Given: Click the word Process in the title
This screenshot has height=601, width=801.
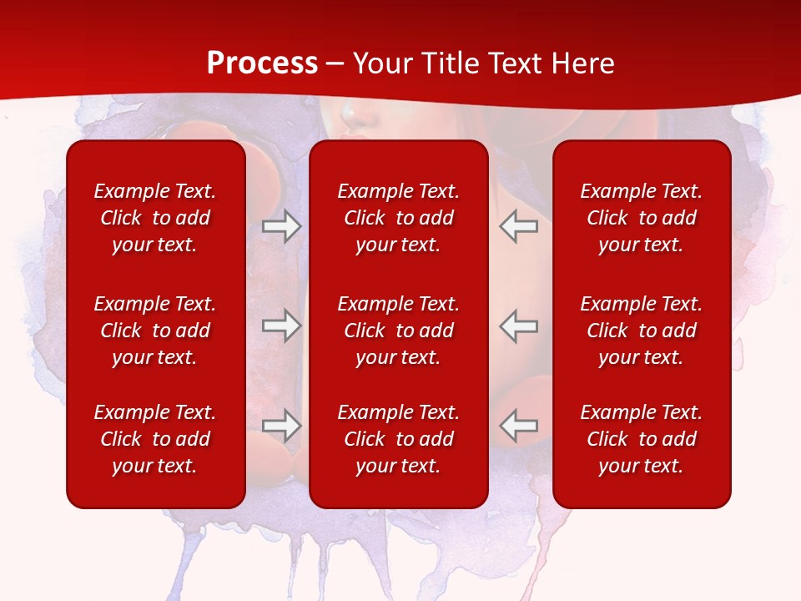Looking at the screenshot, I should [x=262, y=63].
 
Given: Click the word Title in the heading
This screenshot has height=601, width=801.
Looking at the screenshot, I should [x=451, y=63].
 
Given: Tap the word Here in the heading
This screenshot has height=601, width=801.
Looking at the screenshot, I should [x=582, y=63].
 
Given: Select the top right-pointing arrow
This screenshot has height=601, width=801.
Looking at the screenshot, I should [x=281, y=226].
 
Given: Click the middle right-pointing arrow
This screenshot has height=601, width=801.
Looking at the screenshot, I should [x=281, y=326].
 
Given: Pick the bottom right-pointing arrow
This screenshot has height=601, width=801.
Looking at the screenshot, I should [x=281, y=426].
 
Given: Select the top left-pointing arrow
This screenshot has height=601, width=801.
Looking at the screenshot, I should [x=518, y=226].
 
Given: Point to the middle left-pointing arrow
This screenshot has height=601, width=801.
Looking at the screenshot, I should [x=518, y=326].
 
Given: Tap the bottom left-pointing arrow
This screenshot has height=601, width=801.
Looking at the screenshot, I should [x=518, y=426].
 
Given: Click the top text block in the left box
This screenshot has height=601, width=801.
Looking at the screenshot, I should [x=155, y=218].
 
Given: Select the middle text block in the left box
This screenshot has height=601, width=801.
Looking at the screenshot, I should [x=155, y=331].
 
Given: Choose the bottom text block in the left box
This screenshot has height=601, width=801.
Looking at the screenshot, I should [x=155, y=439].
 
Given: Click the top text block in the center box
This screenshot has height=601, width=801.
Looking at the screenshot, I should [x=398, y=218].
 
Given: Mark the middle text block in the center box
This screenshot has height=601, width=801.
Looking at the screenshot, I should [x=398, y=331].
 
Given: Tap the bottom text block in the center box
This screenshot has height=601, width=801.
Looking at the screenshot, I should [x=398, y=439].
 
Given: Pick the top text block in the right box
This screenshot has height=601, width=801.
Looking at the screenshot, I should [x=641, y=218].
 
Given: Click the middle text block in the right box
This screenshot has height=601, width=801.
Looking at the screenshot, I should [x=641, y=331].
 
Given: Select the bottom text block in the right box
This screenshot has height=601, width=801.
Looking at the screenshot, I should [x=641, y=439].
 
